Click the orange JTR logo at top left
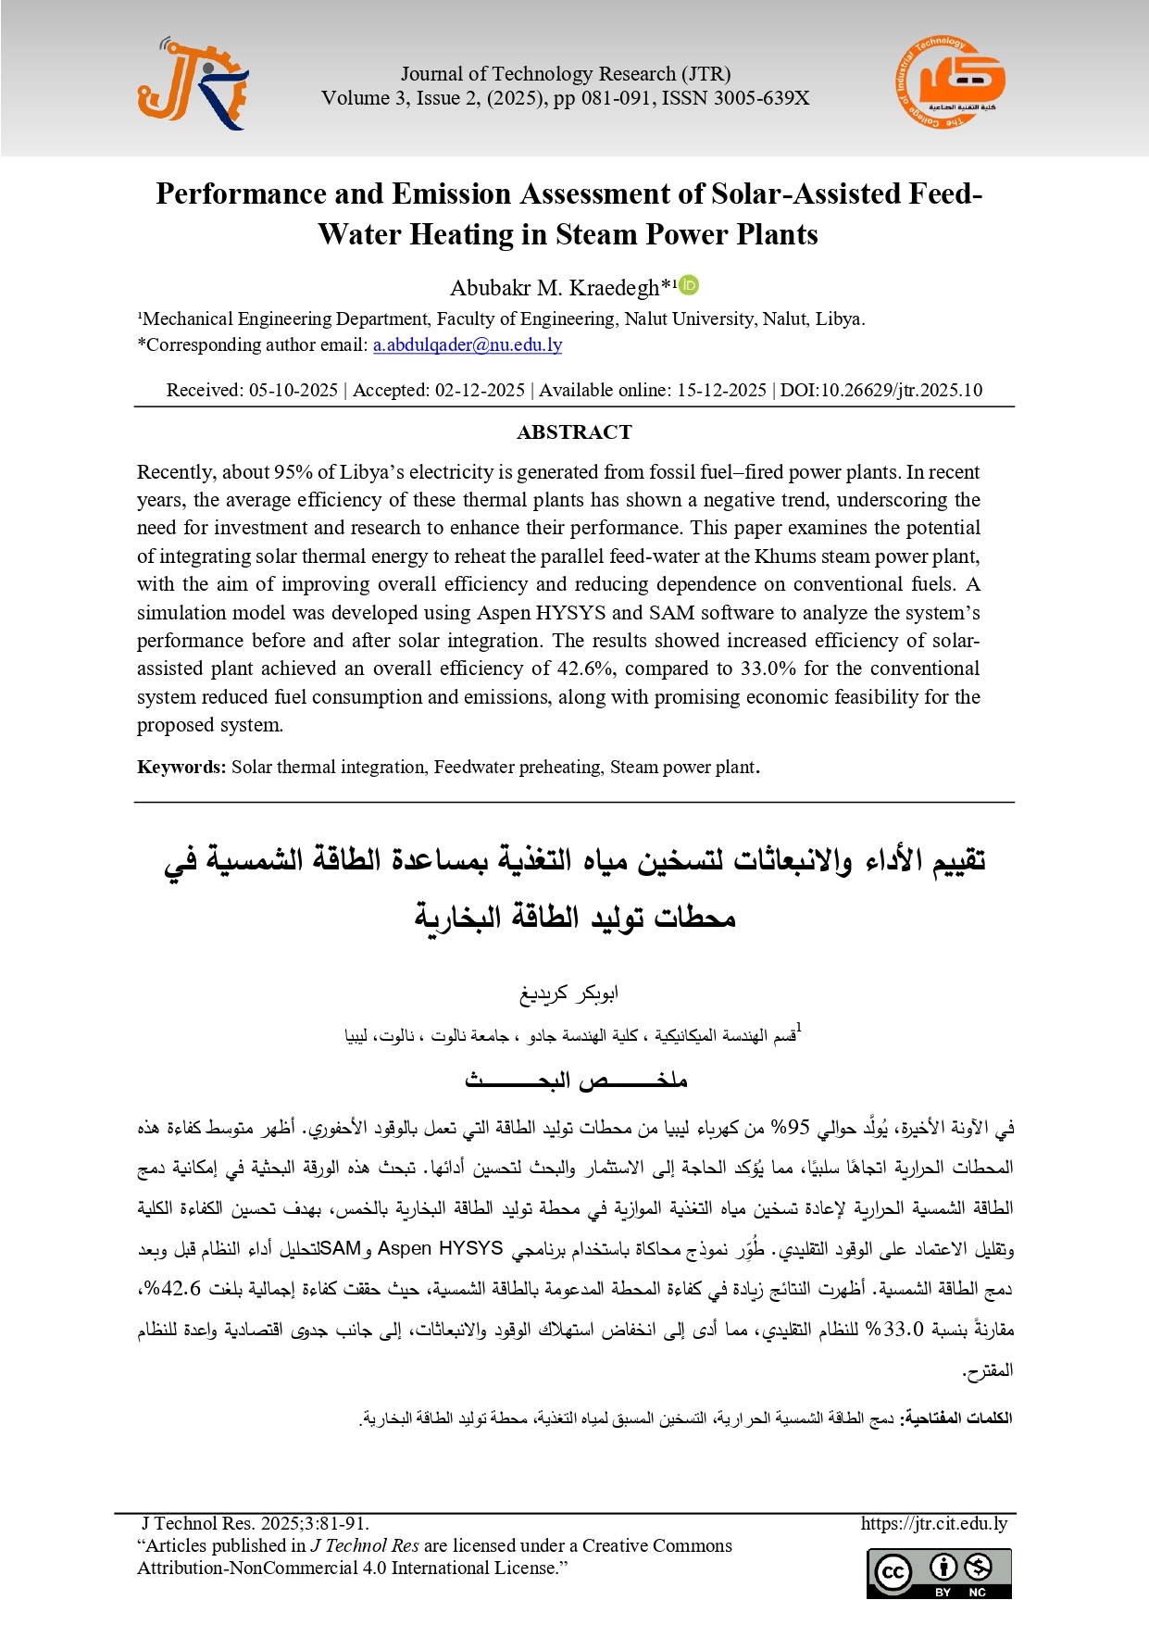click(x=193, y=85)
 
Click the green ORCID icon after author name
click(x=689, y=285)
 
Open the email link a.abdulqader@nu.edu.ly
click(x=468, y=344)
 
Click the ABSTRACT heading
click(x=574, y=432)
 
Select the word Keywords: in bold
click(x=181, y=767)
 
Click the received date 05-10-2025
click(x=293, y=390)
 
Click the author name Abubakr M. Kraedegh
click(x=555, y=288)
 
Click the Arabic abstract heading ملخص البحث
click(x=576, y=1081)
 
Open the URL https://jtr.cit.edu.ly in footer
click(x=933, y=1523)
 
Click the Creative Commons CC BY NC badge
click(x=939, y=1573)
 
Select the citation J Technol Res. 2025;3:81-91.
click(x=256, y=1523)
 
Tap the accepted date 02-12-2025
click(x=480, y=390)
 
